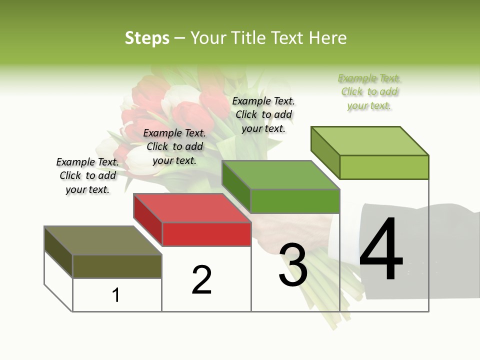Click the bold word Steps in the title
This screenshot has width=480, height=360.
[146, 38]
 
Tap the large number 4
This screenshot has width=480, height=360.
[381, 250]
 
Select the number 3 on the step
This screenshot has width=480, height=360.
[293, 265]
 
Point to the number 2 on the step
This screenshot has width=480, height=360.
[202, 280]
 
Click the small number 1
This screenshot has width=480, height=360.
[116, 295]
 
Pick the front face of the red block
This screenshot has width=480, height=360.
[206, 234]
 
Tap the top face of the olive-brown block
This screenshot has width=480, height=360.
[102, 240]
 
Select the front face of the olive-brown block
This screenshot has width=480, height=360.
[117, 266]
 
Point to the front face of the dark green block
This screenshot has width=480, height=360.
[295, 201]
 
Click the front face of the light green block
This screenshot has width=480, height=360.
[384, 167]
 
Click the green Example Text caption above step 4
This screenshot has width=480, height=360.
[369, 92]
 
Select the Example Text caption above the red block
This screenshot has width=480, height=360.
[174, 146]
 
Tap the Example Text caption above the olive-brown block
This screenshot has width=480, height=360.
[87, 175]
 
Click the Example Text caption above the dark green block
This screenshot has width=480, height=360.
[263, 114]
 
